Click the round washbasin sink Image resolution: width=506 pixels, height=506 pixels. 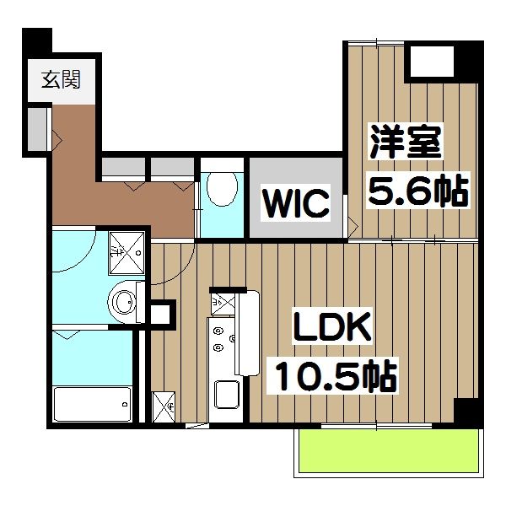point(125,301)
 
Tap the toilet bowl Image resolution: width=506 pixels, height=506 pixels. point(223,189)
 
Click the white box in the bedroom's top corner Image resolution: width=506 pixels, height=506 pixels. point(430,61)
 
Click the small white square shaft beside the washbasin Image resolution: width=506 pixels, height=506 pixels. point(160,314)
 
